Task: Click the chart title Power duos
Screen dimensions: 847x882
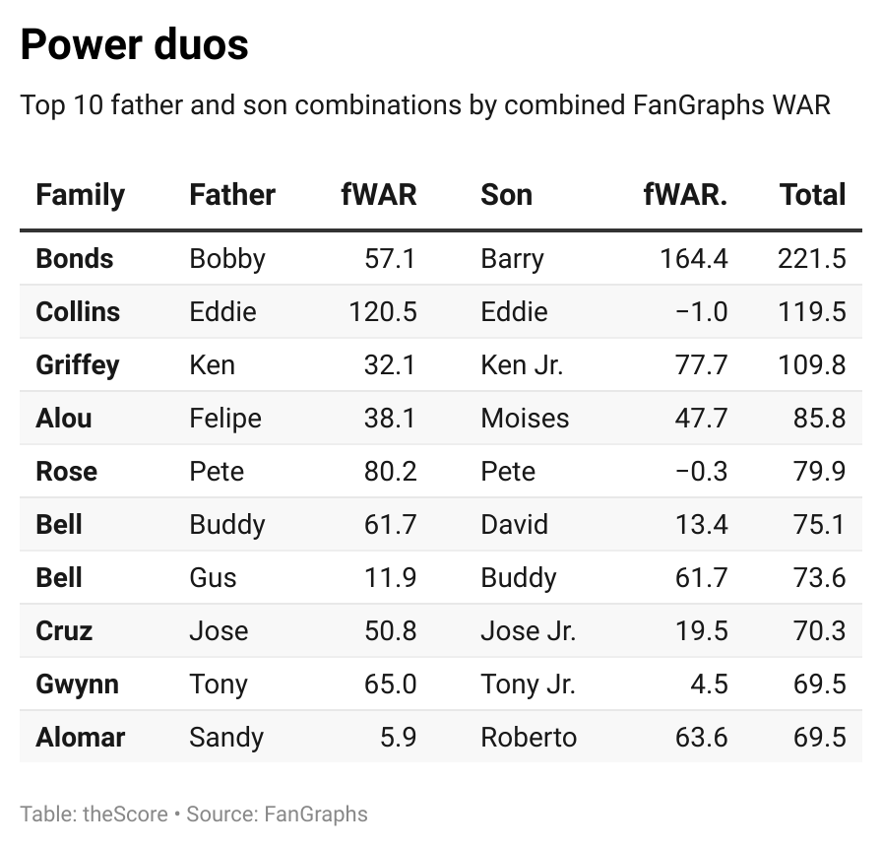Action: click(134, 44)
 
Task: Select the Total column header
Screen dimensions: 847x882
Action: click(812, 194)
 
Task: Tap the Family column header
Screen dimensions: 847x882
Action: click(80, 194)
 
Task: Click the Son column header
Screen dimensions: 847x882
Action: click(506, 194)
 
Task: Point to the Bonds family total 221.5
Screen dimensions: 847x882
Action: click(811, 259)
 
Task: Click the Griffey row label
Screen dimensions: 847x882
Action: click(77, 365)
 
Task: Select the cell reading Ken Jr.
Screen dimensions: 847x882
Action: click(522, 365)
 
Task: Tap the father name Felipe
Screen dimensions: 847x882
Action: click(225, 419)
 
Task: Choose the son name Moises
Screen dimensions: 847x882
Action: click(525, 419)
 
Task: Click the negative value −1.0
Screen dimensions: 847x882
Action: click(701, 312)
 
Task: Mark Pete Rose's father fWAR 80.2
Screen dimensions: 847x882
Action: click(390, 472)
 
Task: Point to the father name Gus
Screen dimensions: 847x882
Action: click(213, 578)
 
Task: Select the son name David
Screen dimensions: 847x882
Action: click(514, 525)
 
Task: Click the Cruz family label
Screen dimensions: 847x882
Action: click(64, 631)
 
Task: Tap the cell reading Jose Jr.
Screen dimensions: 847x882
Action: click(528, 631)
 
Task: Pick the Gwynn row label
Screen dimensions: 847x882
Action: click(77, 684)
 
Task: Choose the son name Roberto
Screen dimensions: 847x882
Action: click(529, 738)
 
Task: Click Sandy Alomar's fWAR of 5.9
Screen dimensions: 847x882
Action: click(398, 738)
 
